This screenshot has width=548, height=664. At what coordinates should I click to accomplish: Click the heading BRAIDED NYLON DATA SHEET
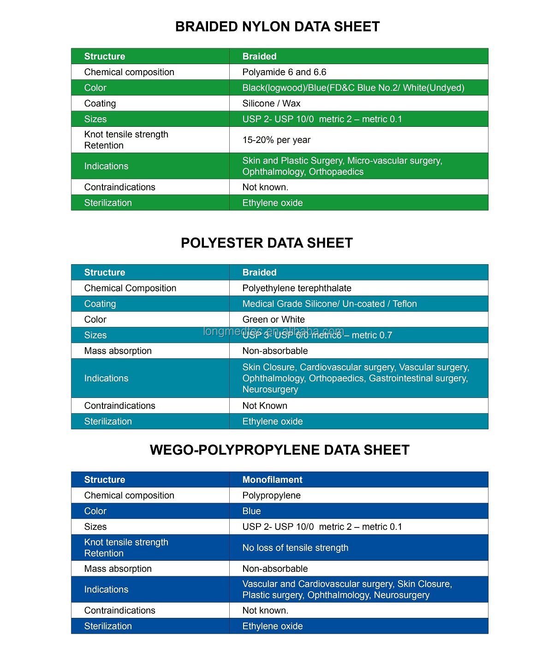pos(277,27)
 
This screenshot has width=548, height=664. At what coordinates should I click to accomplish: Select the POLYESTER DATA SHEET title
pos(267,243)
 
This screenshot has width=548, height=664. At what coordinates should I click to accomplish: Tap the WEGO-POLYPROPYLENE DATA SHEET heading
pos(280,450)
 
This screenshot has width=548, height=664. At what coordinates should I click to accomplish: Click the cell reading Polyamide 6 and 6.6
pos(284,72)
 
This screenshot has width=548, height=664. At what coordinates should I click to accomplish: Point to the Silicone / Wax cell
pos(271,103)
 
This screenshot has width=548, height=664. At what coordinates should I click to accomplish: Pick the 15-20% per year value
pos(276,140)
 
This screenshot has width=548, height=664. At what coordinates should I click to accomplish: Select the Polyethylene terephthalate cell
pos(297,288)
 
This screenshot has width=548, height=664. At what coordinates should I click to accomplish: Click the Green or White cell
pos(274,320)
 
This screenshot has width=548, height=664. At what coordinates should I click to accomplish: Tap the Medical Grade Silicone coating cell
pos(329,304)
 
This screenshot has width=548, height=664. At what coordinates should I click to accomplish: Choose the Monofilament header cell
pos(272,480)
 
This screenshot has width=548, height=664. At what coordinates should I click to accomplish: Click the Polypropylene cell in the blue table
pos(271,495)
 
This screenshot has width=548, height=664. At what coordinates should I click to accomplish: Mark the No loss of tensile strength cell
pos(295,548)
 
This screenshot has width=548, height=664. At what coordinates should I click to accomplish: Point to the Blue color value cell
pos(251,511)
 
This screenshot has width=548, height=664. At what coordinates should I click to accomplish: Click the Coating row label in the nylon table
pos(100,103)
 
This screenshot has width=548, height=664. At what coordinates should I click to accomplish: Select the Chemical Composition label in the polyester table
pos(130,288)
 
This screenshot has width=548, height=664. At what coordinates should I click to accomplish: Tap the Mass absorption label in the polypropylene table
pos(118,569)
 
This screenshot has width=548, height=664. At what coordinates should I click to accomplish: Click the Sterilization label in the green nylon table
pos(108,203)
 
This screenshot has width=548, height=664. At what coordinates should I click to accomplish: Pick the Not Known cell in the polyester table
pos(265,406)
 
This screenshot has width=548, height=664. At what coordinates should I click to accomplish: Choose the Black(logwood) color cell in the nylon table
pos(353,88)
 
